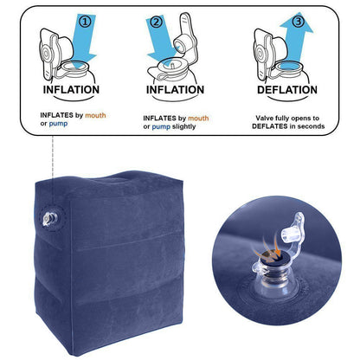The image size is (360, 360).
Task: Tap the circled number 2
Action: [x=157, y=22]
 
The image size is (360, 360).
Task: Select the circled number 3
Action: [x=298, y=20]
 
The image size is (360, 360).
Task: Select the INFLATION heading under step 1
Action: [x=70, y=89]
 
